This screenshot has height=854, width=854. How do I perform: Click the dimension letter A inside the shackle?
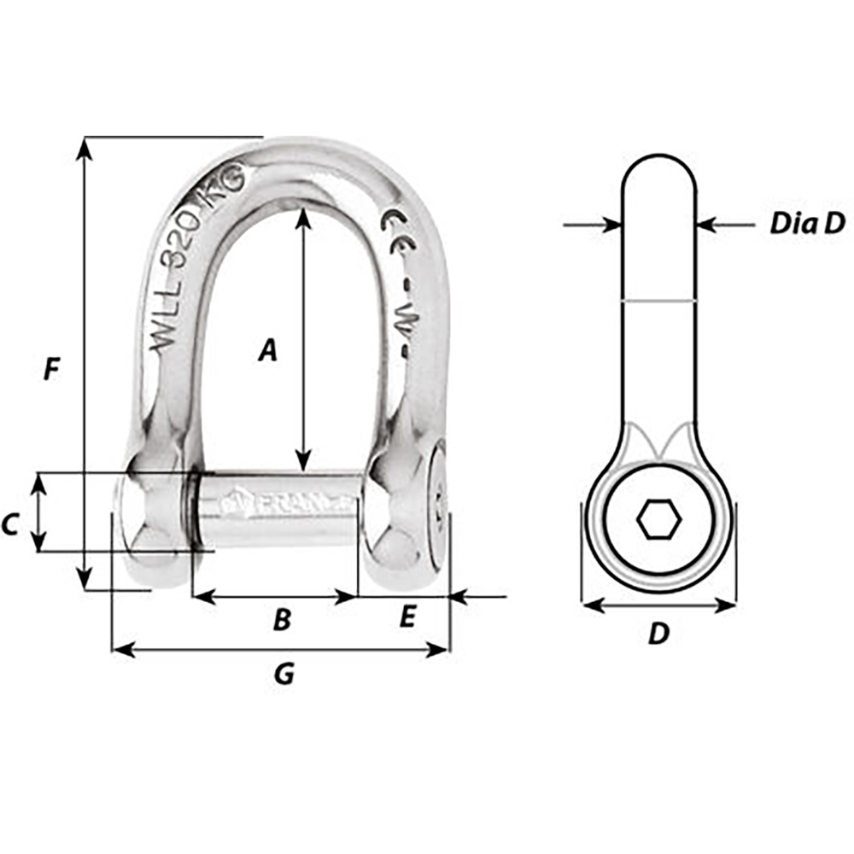point(268,350)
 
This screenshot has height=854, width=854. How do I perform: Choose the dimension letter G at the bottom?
point(284,675)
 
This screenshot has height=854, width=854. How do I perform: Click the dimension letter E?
point(407,617)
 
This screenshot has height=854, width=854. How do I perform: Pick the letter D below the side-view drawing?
point(658,634)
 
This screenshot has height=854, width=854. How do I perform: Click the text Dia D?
point(806,224)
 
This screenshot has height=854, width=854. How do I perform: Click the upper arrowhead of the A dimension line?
point(302,215)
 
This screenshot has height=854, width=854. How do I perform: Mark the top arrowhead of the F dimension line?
point(84,147)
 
